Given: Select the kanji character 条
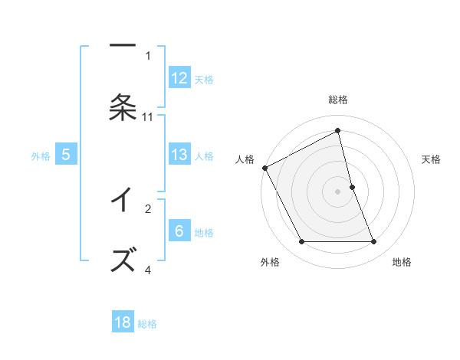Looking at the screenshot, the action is coord(123,107).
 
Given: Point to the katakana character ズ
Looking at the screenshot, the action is coord(123,260).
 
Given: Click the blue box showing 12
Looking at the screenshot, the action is coord(179,78).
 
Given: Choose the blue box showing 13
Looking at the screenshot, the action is coord(179,155).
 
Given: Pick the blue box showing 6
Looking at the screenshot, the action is coord(179,231).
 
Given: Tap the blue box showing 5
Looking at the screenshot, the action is coord(66,155).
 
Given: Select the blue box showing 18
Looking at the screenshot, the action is coord(123,322).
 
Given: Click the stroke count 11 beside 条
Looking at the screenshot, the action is coord(148,117).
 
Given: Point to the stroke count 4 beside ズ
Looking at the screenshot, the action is coord(148,270).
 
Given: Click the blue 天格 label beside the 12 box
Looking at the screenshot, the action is coord(204,79).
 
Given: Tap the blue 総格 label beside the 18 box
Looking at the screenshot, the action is coord(147,323).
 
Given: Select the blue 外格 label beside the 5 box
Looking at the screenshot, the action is coord(41,155).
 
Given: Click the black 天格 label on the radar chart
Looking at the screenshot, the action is coord(432,159).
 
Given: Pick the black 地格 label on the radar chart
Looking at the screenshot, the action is coord(402,262).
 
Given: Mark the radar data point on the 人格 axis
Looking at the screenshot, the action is coord(264,168).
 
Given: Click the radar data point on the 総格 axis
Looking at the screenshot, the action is coord(337,132).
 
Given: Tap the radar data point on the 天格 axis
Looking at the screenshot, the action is coord(352,186).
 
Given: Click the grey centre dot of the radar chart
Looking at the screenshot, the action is coord(337,191).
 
